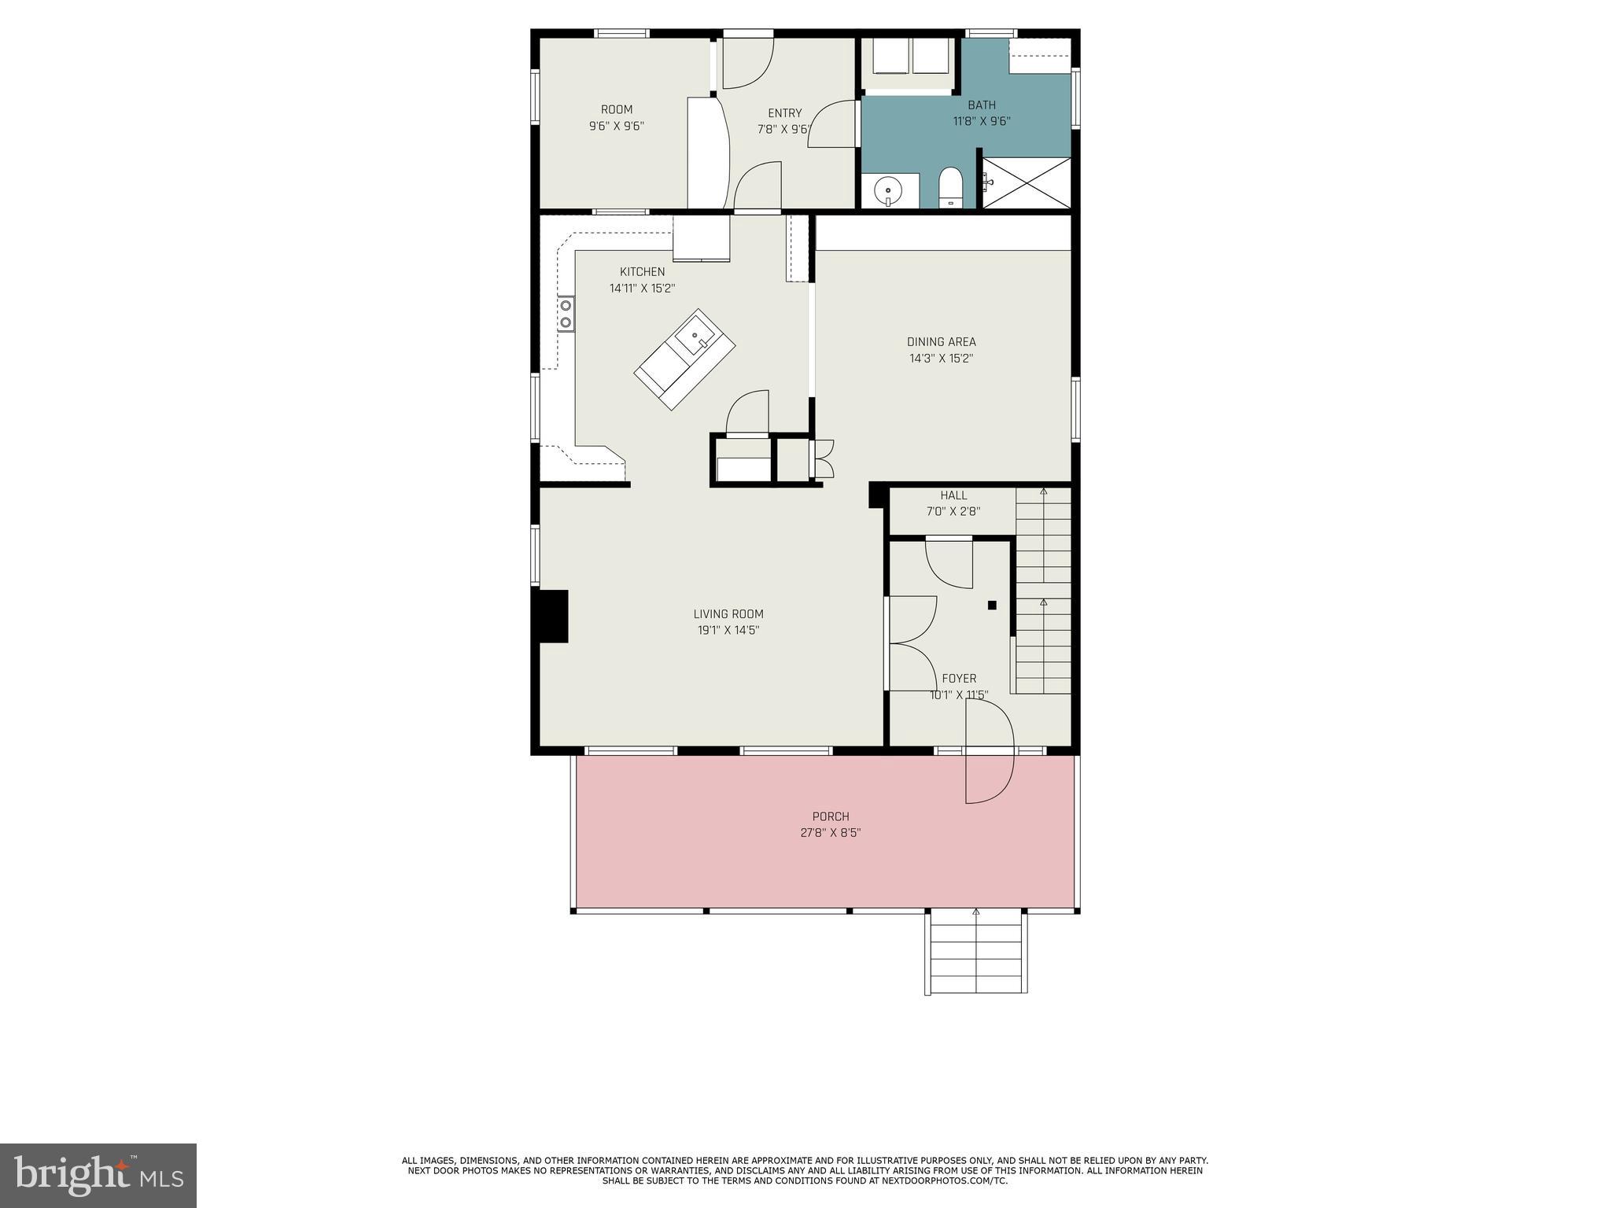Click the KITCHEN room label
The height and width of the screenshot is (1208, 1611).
coord(642,272)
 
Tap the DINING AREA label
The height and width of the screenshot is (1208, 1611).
coord(941,342)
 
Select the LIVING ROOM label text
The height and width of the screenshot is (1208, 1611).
coord(728,614)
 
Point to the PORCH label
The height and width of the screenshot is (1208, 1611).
coord(831,817)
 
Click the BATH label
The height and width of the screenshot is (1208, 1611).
coord(981,105)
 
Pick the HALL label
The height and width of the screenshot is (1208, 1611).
coord(953,495)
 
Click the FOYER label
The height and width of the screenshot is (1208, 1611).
coord(959,679)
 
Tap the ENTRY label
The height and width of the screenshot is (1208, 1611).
coord(784,113)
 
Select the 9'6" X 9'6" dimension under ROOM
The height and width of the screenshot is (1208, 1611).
coord(617,126)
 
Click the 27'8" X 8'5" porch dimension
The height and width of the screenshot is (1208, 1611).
coord(831,833)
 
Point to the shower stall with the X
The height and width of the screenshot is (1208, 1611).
coord(1027,183)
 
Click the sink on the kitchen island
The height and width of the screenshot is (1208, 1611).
coord(696,338)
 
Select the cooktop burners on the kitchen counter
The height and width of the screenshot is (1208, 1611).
coord(566,314)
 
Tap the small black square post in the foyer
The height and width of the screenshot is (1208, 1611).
coord(992,605)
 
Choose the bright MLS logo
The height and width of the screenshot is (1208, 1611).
coord(98,1175)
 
